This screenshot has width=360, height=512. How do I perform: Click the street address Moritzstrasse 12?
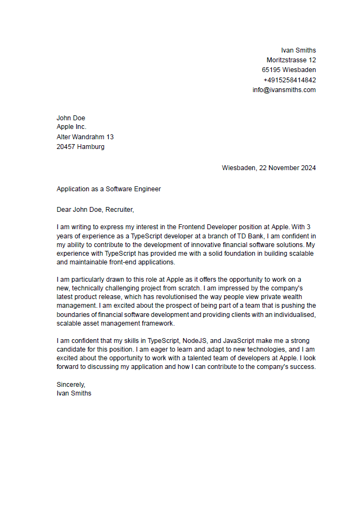click(291, 60)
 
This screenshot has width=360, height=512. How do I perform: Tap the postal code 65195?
click(271, 70)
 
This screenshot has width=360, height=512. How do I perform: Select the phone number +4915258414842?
click(290, 80)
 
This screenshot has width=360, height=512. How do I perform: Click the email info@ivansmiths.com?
click(284, 90)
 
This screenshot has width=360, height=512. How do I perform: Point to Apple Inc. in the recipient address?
click(71, 127)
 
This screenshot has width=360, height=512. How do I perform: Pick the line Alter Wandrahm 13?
click(85, 137)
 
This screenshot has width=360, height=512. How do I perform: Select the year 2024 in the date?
click(307, 168)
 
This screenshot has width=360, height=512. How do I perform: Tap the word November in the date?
click(283, 168)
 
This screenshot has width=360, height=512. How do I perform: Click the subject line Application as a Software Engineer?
click(109, 189)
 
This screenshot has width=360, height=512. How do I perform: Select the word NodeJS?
click(197, 341)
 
